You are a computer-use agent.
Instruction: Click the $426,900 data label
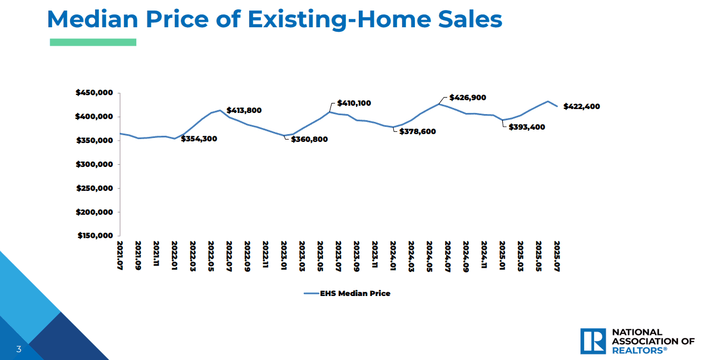[x=468, y=97]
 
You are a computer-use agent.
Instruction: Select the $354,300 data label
[x=199, y=139]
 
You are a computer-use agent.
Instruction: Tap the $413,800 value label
[x=244, y=110]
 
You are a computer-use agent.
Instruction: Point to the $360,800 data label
[x=309, y=139]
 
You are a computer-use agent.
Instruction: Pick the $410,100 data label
[x=354, y=103]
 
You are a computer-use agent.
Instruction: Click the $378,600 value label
[x=417, y=131]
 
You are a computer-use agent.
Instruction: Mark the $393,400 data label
[x=527, y=127]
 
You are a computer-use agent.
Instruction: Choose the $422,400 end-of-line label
[x=582, y=107]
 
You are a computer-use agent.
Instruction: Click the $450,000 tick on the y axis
[x=94, y=92]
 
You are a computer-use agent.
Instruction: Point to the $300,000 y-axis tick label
[x=94, y=164]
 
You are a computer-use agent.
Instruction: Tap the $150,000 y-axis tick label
[x=95, y=235]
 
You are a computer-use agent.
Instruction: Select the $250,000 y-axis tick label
[x=95, y=188]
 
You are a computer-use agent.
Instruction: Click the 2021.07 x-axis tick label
[x=120, y=255]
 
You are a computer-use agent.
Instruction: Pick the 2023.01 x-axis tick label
[x=284, y=255]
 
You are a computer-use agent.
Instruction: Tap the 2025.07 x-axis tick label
[x=557, y=256]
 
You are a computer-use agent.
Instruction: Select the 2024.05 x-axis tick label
[x=429, y=256]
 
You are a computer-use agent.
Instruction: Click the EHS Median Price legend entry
[x=347, y=294]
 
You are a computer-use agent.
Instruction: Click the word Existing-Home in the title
[x=339, y=19]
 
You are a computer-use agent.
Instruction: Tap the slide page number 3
[x=19, y=349]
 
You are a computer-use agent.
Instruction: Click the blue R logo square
[x=593, y=341]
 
